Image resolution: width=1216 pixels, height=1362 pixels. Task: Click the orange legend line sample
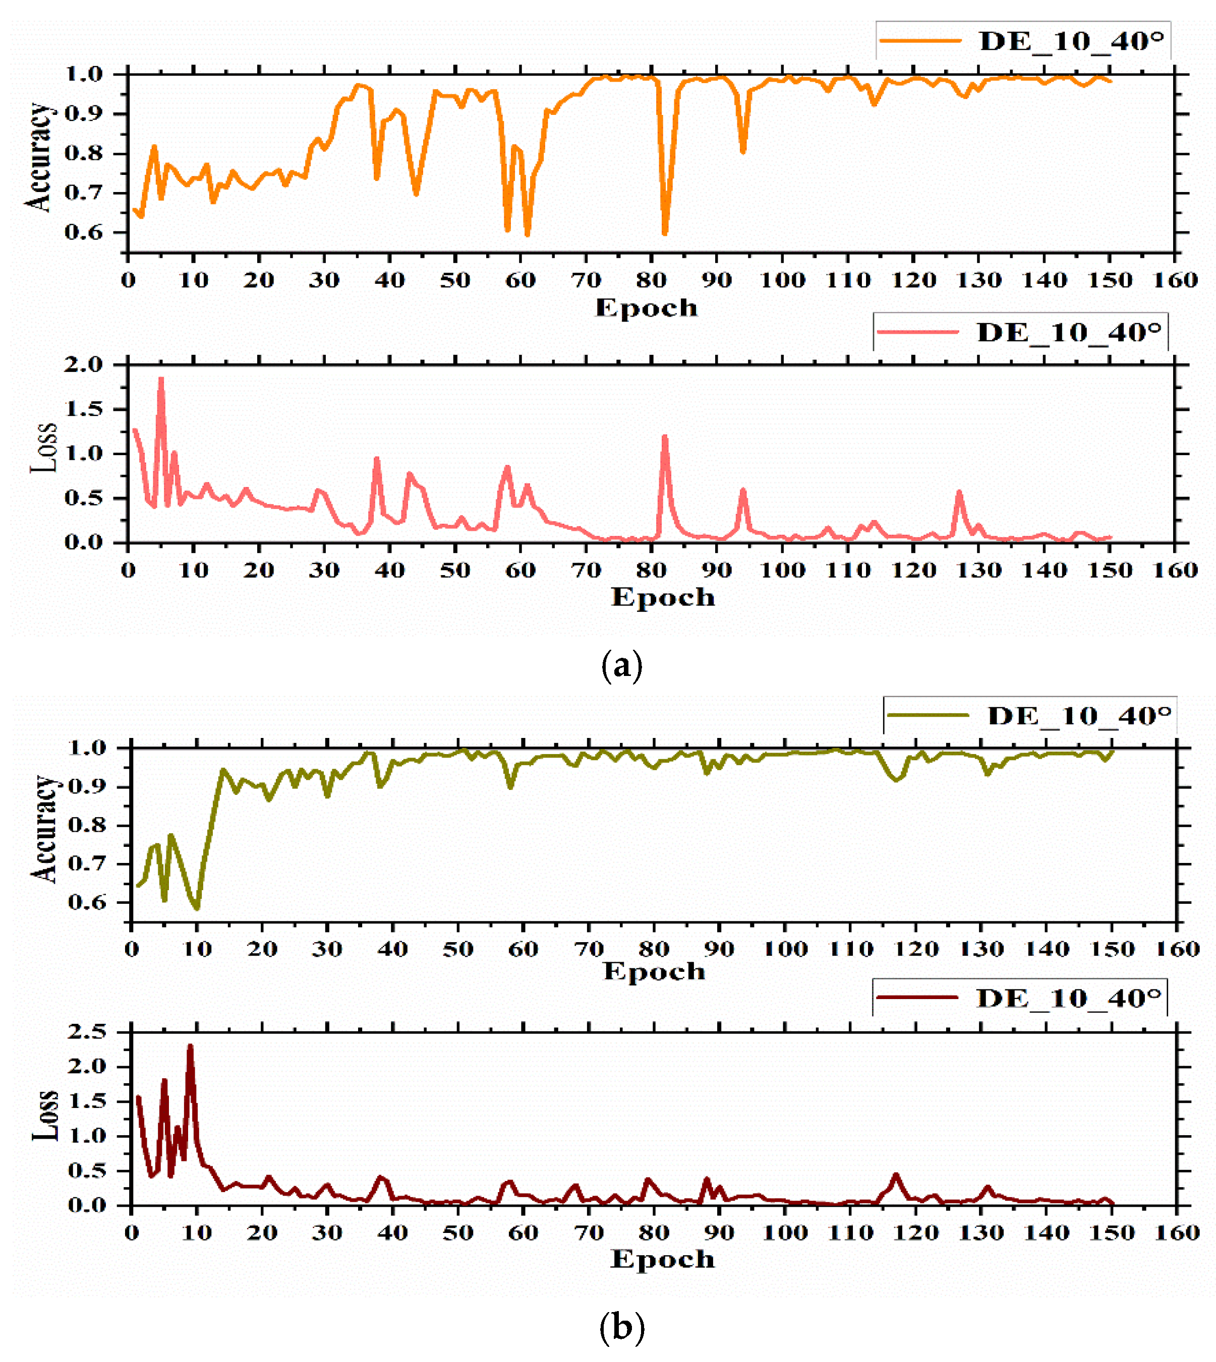[920, 41]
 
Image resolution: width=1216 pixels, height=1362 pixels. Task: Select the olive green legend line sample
[928, 715]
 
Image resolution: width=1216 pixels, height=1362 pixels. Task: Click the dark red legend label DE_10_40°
[1068, 998]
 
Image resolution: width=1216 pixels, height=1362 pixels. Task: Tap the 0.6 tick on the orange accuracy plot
[84, 232]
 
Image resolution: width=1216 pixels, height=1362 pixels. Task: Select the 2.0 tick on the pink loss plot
[84, 364]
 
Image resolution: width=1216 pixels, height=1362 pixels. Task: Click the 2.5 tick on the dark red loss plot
[87, 1032]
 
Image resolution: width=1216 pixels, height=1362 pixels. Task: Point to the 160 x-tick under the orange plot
[1175, 280]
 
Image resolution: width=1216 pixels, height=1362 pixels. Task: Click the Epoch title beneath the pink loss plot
[662, 597]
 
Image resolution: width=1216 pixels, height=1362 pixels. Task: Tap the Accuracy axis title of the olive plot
[44, 829]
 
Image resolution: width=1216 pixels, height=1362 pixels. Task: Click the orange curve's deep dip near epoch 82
[665, 234]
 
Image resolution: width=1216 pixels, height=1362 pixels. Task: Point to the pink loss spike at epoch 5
[161, 379]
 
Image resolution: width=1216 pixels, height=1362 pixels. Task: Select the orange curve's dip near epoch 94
[743, 152]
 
